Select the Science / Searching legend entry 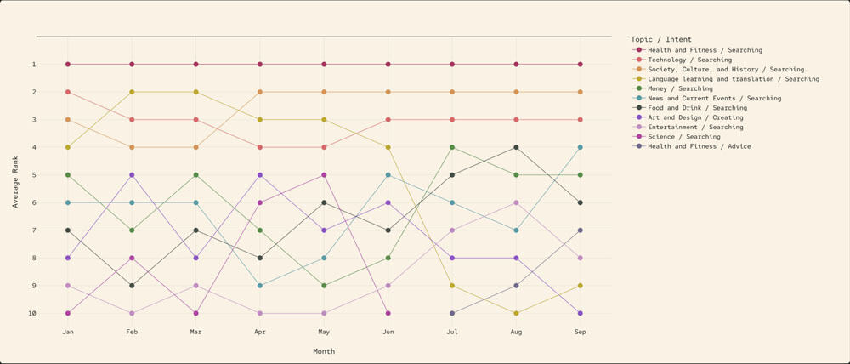(x=683, y=136)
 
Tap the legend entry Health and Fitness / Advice (x=699, y=146)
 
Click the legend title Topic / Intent (x=661, y=39)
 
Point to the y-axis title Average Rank (x=15, y=182)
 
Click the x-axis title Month (x=324, y=351)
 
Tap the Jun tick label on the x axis (x=388, y=332)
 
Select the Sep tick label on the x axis (x=581, y=332)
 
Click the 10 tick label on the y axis (x=56, y=313)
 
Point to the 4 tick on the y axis (x=58, y=147)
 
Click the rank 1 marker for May (x=324, y=65)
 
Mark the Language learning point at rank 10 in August (x=516, y=313)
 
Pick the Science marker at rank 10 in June (x=388, y=313)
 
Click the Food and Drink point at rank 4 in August (x=516, y=147)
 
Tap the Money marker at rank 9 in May (x=324, y=286)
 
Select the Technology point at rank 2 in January (x=68, y=92)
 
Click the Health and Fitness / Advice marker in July (x=452, y=313)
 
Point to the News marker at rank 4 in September (x=581, y=147)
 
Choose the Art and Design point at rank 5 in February (x=132, y=175)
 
